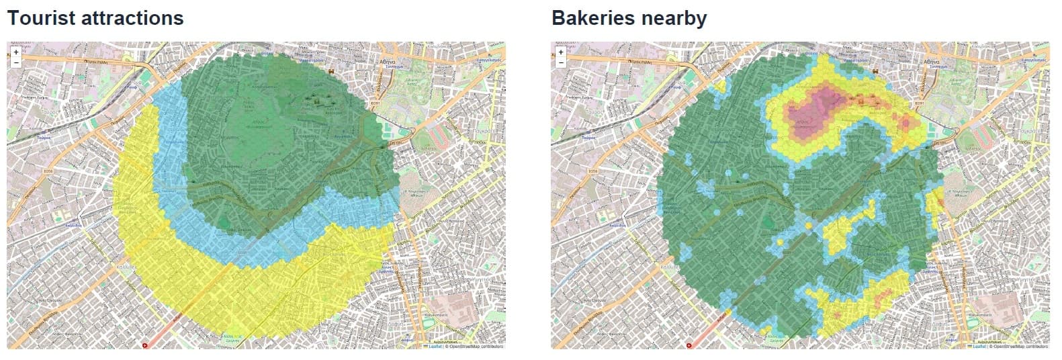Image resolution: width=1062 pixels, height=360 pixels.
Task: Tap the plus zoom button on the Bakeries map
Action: [x=560, y=52]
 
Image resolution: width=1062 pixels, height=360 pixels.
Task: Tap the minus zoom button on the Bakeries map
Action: [x=560, y=62]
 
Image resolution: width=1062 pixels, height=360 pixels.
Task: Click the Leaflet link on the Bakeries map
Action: [x=979, y=347]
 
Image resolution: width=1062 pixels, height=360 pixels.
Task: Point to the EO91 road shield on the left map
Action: [x=376, y=104]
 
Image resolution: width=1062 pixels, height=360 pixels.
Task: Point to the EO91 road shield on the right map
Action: [x=920, y=104]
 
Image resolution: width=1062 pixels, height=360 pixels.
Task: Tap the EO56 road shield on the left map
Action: [x=48, y=171]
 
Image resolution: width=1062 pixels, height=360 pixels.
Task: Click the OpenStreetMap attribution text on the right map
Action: [x=1020, y=347]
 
